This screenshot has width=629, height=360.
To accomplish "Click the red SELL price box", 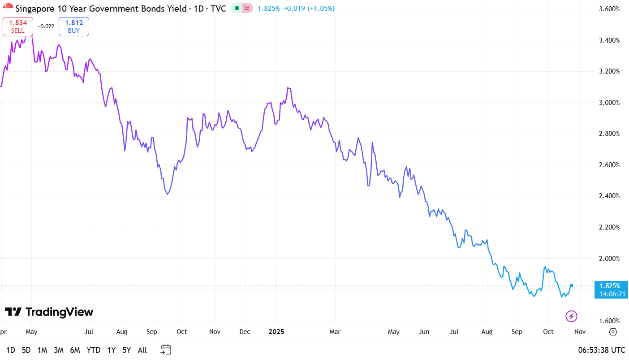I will [18, 26].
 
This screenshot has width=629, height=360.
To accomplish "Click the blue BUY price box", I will [74, 26].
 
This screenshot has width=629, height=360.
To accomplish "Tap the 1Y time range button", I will [111, 350].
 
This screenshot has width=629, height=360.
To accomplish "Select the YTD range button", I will [93, 350].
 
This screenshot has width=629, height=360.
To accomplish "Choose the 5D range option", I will [26, 350].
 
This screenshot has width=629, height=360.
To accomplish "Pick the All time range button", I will [142, 350].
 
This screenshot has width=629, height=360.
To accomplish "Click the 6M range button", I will [75, 350].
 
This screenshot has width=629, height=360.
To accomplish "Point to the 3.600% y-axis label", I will [609, 9].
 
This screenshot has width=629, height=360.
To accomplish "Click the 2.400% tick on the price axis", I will [609, 196].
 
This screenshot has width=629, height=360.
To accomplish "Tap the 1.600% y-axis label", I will [609, 321].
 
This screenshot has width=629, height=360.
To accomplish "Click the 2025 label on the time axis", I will [276, 332].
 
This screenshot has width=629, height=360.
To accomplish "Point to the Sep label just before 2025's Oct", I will [517, 332].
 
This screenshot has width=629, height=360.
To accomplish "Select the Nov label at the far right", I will [580, 332].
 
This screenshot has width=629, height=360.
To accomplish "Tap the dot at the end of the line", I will [571, 286].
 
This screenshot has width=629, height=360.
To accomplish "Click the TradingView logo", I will [49, 312].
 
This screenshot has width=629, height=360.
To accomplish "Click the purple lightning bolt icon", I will [571, 316].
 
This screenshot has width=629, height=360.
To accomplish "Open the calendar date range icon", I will [166, 350].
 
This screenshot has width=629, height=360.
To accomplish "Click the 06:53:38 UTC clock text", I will [601, 350].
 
